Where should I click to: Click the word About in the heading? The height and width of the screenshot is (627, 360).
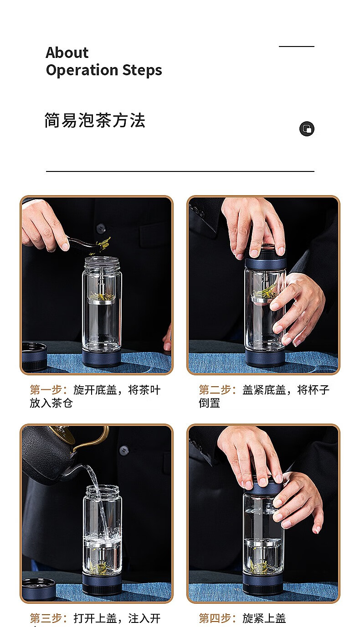click(67, 52)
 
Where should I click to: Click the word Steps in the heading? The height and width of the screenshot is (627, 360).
click(142, 70)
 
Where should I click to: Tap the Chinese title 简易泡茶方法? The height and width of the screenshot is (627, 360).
click(95, 120)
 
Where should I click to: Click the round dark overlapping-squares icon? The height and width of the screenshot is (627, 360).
click(307, 129)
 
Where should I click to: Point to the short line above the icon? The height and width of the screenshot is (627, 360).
click(297, 47)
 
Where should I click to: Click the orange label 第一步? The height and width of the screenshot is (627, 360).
click(48, 389)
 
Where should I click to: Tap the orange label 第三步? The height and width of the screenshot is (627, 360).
click(48, 618)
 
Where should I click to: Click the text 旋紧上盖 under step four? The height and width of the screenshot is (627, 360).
click(264, 618)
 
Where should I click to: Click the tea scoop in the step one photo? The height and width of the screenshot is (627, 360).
click(84, 245)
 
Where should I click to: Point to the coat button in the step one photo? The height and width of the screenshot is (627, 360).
click(101, 228)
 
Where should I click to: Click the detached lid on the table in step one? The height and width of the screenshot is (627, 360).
click(35, 357)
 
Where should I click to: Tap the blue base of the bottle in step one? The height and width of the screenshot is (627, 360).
click(102, 358)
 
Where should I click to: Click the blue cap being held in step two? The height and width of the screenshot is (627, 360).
click(265, 257)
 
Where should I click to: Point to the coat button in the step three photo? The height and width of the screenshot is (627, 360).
click(124, 451)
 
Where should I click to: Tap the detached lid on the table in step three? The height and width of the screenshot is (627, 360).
click(39, 589)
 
